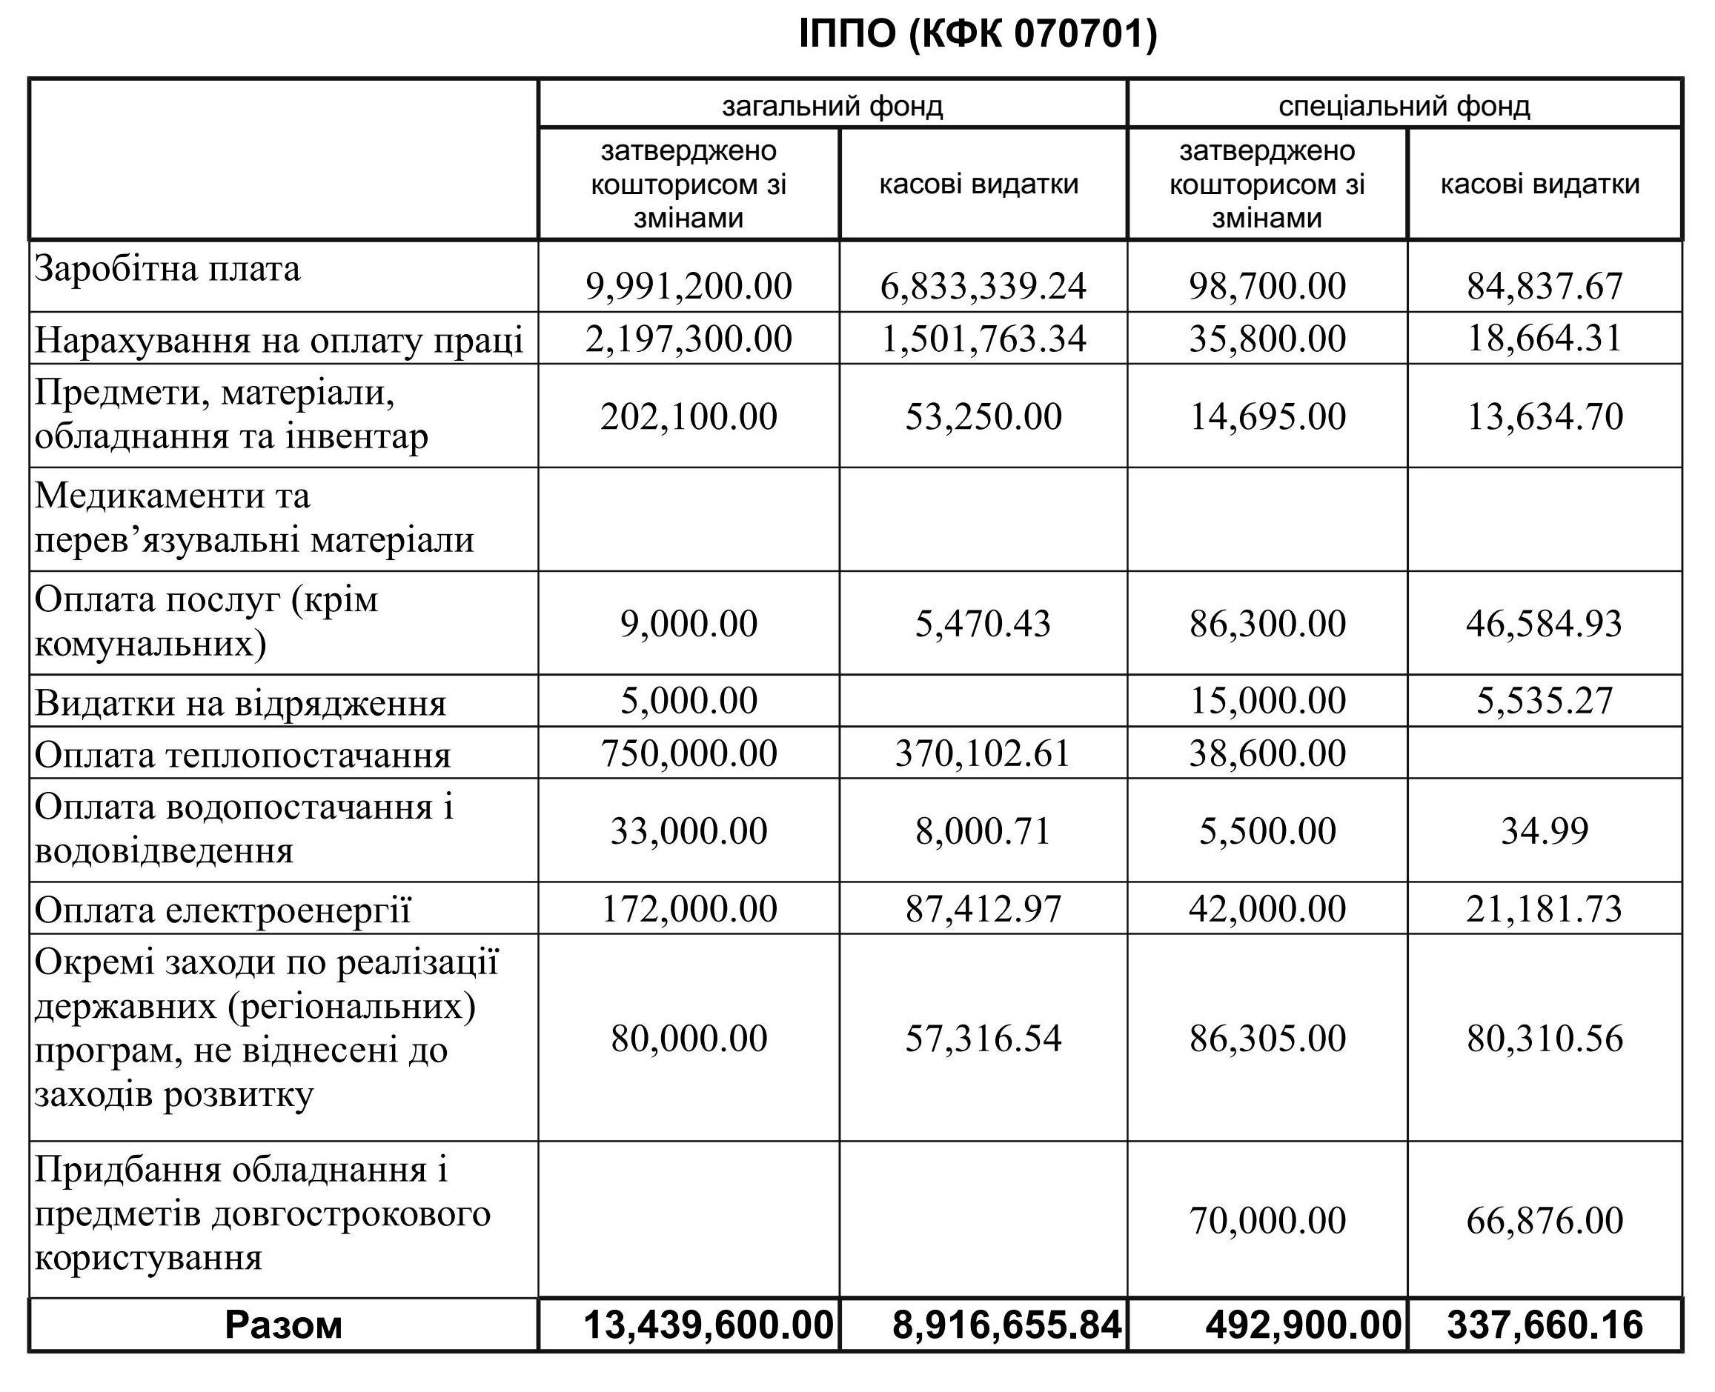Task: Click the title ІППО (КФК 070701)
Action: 978,35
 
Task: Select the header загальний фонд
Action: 832,106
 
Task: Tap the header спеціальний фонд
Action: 1404,106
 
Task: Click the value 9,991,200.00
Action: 689,286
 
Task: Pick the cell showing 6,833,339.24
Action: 983,286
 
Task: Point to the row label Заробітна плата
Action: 167,269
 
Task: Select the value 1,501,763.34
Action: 983,339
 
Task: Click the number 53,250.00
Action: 983,416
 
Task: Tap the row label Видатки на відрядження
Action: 240,703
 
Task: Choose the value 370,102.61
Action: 983,753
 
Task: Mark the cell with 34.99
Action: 1544,830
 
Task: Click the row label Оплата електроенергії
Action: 222,910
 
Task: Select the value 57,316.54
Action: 983,1039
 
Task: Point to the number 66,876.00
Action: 1544,1220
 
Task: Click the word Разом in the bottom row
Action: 283,1325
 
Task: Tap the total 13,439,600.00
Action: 708,1325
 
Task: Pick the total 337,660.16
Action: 1544,1325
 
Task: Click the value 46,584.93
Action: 1544,624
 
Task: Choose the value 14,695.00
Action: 1267,416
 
